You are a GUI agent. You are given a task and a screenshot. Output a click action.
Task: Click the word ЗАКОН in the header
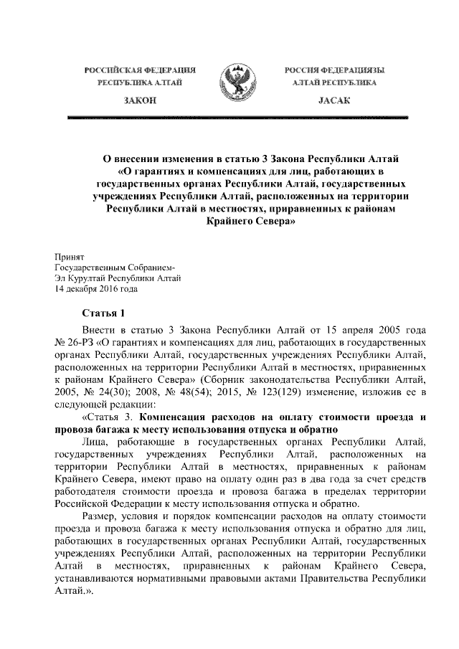pos(141,102)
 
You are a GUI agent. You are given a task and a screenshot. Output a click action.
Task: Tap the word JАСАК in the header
pos(333,102)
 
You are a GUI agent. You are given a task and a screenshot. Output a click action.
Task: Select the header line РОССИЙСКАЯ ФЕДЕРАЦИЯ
pos(141,71)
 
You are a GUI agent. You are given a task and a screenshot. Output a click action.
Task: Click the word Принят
pos(70,256)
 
